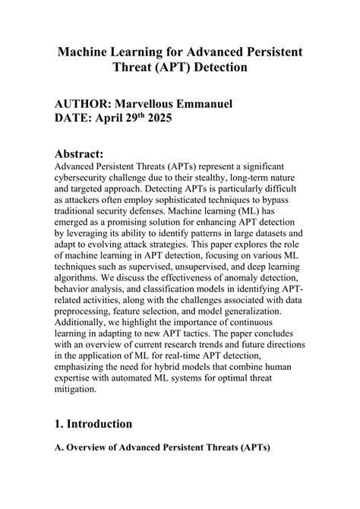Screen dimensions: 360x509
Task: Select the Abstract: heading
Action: point(84,153)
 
